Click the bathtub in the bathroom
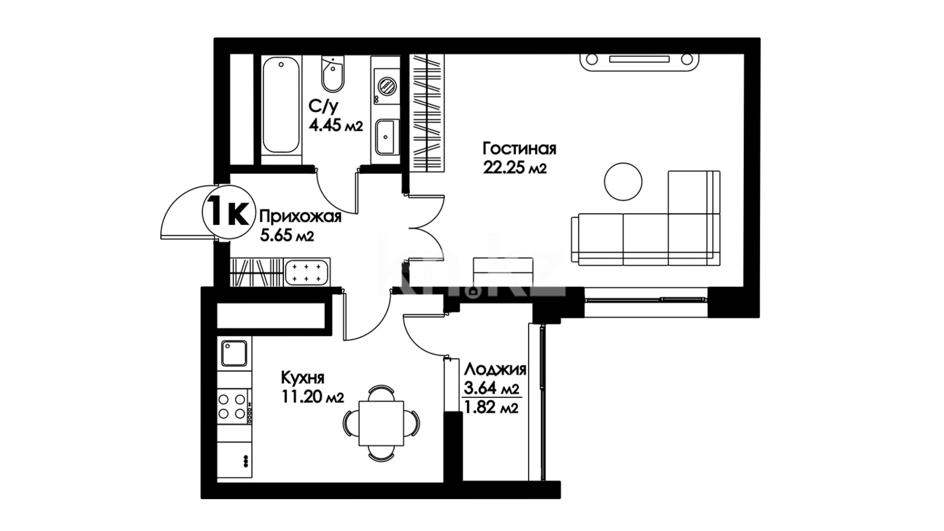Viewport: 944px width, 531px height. (281, 105)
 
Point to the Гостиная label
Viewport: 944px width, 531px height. (519, 148)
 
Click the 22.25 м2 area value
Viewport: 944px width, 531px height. (515, 168)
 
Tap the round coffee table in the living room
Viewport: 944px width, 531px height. (623, 181)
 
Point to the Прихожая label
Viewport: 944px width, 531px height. (300, 216)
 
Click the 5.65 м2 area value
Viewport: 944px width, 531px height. (287, 236)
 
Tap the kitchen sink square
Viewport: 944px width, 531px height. (235, 354)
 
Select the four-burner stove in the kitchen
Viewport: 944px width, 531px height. (234, 406)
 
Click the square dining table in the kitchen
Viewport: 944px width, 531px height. (381, 423)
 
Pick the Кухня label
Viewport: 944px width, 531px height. (302, 378)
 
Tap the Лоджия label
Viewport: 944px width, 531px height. (496, 369)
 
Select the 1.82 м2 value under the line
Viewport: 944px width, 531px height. (491, 408)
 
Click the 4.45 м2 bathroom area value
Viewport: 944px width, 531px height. (336, 125)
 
